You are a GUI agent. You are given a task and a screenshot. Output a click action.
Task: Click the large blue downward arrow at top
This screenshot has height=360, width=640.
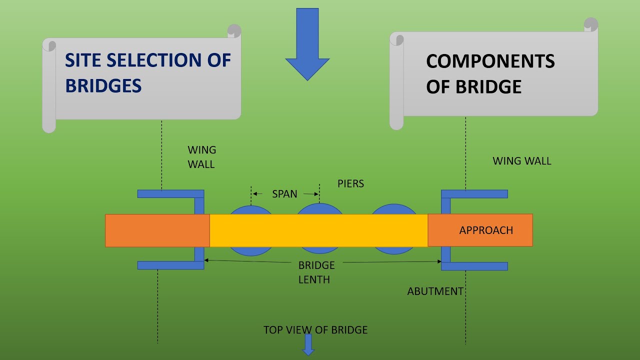[307, 45]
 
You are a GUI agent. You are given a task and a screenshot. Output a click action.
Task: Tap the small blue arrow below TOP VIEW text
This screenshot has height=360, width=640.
[308, 345]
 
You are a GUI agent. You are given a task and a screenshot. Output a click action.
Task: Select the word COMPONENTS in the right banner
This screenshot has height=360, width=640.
[490, 61]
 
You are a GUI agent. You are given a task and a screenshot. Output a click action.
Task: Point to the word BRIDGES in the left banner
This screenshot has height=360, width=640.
[103, 86]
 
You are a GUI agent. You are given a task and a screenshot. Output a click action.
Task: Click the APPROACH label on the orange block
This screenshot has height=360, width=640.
[486, 230]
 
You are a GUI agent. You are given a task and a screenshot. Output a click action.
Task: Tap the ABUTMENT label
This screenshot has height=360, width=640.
[435, 291]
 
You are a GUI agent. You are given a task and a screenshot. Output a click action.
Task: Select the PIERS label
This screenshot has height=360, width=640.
[350, 183]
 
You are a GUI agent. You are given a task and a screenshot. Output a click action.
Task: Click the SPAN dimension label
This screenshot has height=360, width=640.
[284, 194]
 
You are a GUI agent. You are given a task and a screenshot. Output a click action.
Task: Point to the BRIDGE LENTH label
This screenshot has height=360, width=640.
[316, 272]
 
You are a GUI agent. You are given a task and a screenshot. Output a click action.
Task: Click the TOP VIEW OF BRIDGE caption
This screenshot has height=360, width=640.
[315, 330]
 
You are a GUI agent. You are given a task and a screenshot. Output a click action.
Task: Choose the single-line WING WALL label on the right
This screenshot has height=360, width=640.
[521, 161]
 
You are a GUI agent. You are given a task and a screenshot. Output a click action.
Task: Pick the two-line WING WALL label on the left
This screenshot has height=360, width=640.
[201, 157]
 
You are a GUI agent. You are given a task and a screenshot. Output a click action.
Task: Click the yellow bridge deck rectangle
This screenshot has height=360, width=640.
[318, 230]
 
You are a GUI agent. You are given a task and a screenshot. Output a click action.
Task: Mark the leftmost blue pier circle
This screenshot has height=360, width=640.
[251, 210]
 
